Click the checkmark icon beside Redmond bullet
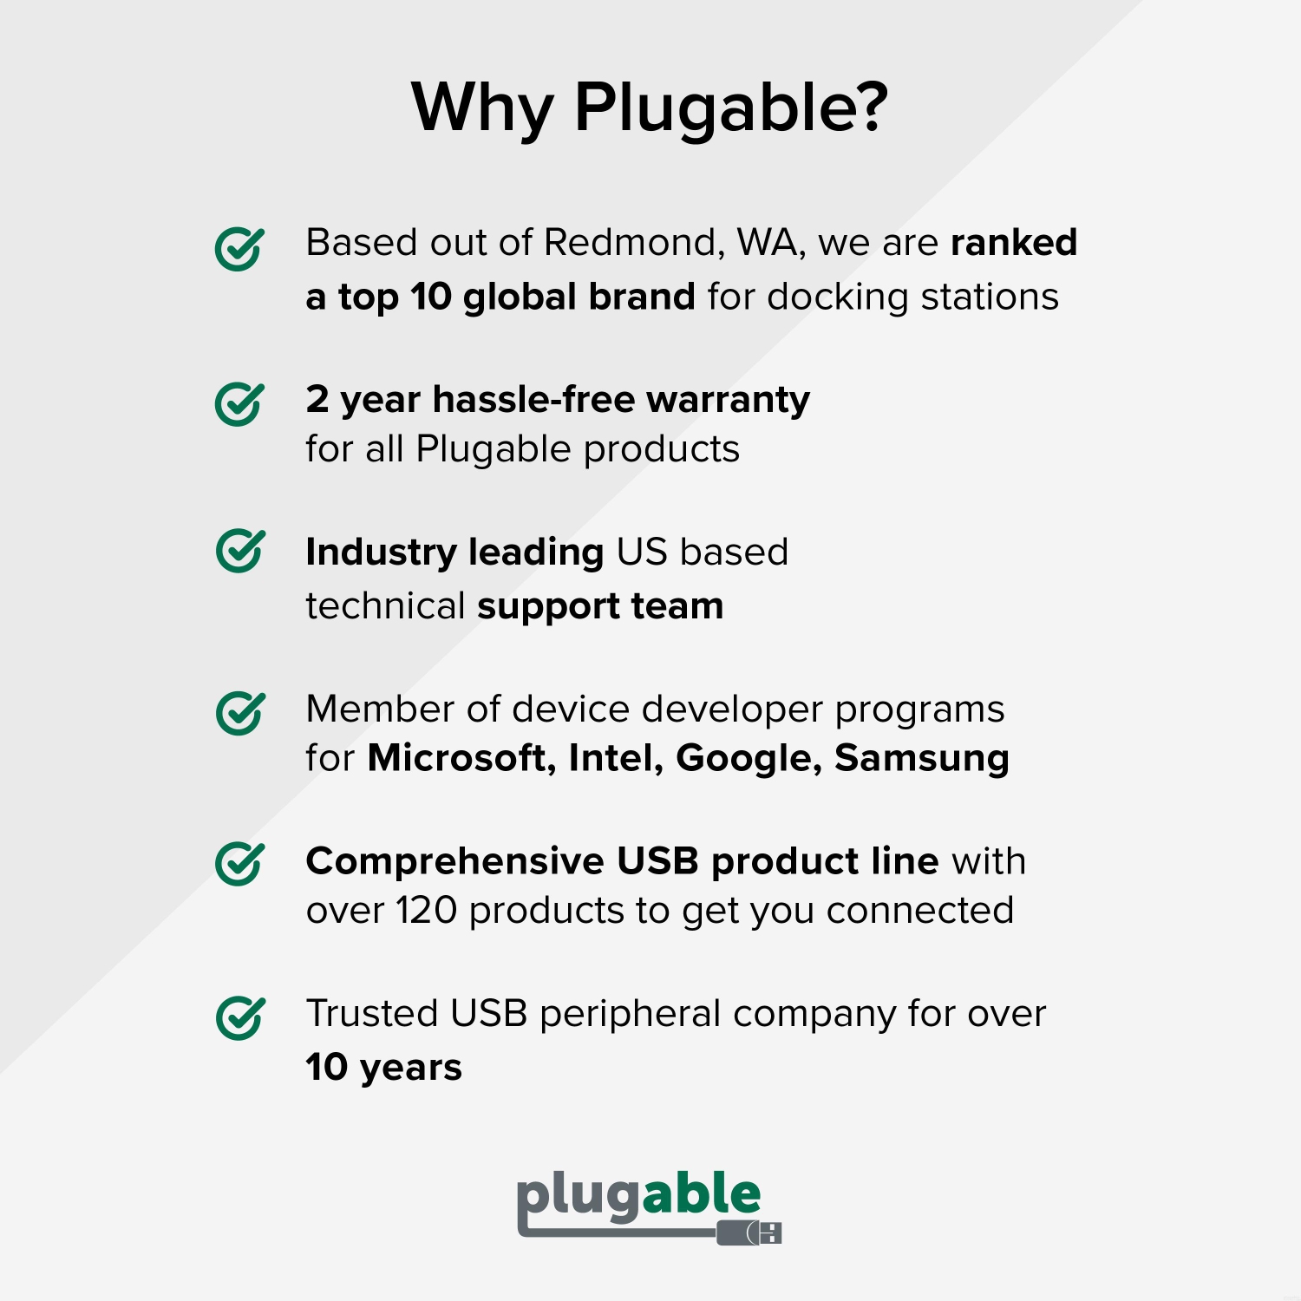pyautogui.click(x=239, y=250)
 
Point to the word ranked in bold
pyautogui.click(x=1013, y=243)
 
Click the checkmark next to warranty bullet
pyautogui.click(x=239, y=404)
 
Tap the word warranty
pyautogui.click(x=728, y=400)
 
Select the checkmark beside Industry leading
pyautogui.click(x=239, y=551)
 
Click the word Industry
pyautogui.click(x=381, y=552)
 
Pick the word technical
pyautogui.click(x=385, y=606)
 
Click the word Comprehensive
pyautogui.click(x=454, y=861)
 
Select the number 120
pyautogui.click(x=426, y=911)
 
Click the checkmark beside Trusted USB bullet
pyautogui.click(x=239, y=1017)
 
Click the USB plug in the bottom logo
pyautogui.click(x=750, y=1232)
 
